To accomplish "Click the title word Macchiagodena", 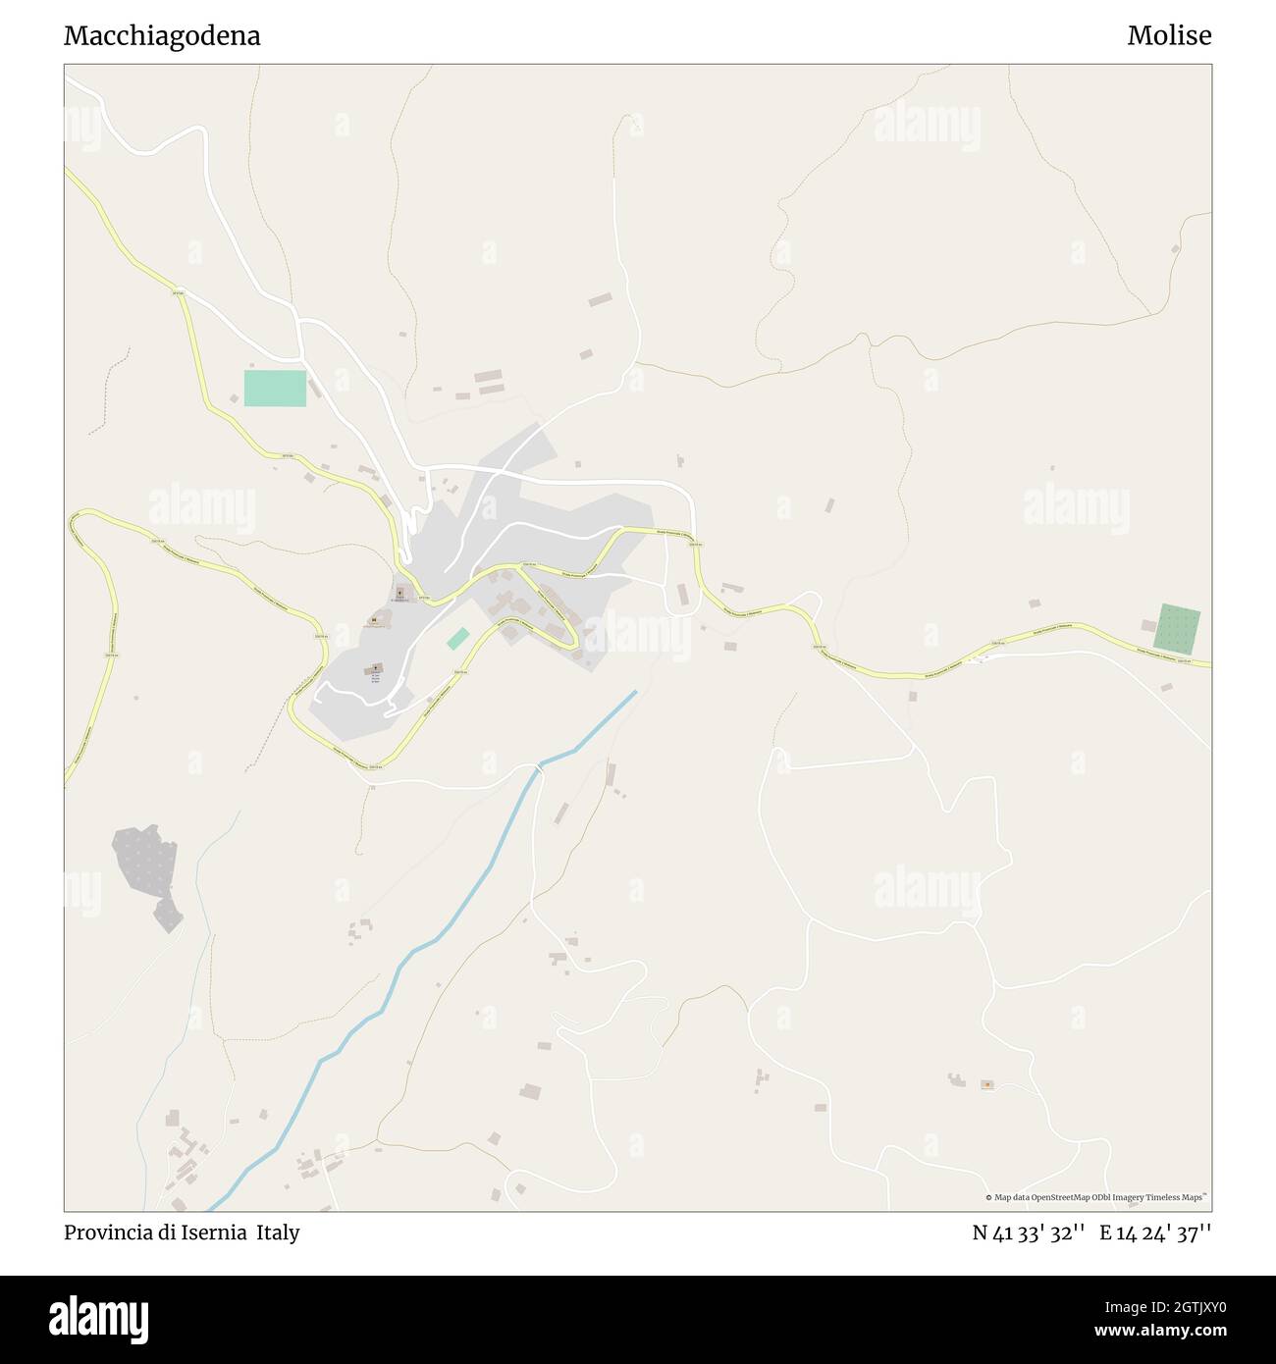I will tap(162, 36).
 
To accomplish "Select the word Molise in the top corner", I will tap(1169, 36).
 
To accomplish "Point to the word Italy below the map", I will tap(279, 1233).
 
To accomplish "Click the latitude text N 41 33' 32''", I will tap(1028, 1233).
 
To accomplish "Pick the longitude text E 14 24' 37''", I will tap(1155, 1233).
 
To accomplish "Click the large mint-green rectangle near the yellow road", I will tap(275, 389).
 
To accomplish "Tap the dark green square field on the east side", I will tap(1177, 629).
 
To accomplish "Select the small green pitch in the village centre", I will tap(457, 639).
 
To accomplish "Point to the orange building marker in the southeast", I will tap(986, 1084).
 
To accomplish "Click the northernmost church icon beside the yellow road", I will tap(399, 592).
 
